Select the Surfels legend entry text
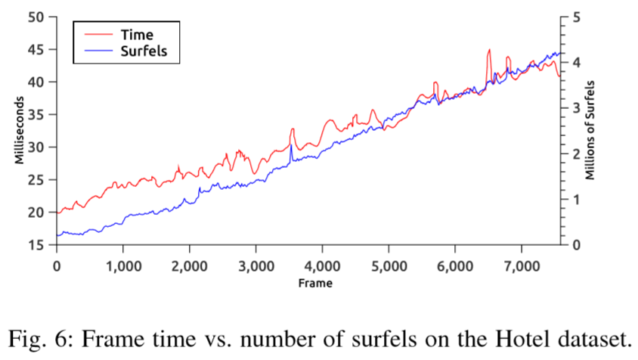coord(144,51)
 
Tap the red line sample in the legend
coord(97,34)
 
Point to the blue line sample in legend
coord(97,51)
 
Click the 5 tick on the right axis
coord(576,17)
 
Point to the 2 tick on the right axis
coord(576,154)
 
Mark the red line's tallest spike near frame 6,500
coord(489,51)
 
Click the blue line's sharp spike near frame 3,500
coord(291,144)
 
